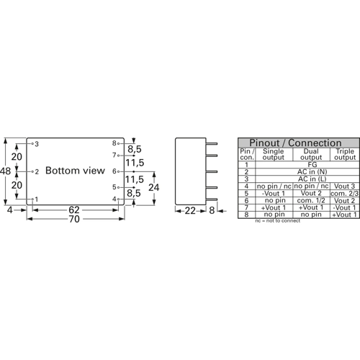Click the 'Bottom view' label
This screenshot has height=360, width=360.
click(76, 171)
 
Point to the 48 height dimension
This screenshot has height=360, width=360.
click(6, 171)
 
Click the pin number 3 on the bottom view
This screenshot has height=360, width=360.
click(36, 144)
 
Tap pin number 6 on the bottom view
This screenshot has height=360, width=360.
click(114, 171)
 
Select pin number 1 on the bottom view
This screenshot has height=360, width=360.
click(36, 199)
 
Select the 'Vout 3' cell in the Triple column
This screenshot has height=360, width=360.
click(343, 186)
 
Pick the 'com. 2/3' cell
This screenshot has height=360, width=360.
click(343, 193)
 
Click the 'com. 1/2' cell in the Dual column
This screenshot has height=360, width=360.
click(310, 200)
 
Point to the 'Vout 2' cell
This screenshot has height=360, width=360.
click(310, 193)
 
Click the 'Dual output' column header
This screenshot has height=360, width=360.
click(310, 154)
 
